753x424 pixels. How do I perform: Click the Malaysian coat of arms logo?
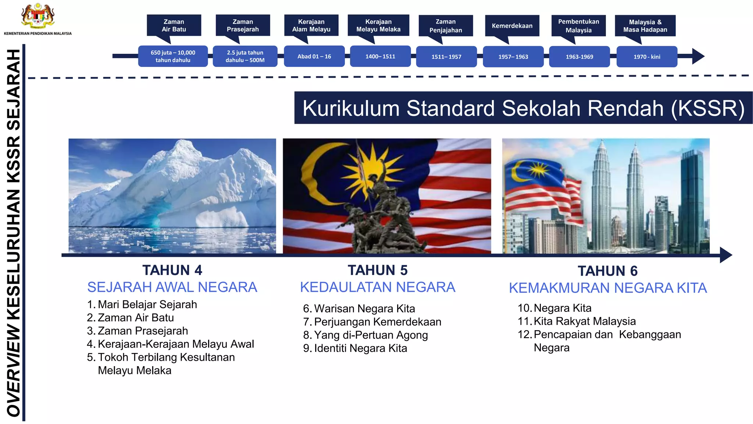[38, 16]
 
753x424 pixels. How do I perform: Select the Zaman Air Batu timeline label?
[174, 25]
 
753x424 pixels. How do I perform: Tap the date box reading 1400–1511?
[380, 56]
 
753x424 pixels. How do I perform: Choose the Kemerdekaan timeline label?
[512, 26]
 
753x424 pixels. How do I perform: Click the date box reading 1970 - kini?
[647, 57]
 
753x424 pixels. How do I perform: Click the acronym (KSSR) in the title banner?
[708, 108]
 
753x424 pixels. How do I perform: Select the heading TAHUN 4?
[172, 270]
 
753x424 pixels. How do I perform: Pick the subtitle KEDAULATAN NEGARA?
[378, 287]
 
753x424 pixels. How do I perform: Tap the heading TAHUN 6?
[607, 271]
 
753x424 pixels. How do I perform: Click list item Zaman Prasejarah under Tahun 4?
[143, 331]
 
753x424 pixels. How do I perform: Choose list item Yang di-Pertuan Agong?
[371, 335]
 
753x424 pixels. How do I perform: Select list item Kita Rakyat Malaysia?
[584, 321]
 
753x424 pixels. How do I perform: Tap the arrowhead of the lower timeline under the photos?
[725, 255]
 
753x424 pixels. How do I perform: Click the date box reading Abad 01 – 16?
[314, 56]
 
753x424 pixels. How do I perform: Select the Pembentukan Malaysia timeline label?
[578, 26]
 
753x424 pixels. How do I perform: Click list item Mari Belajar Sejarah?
[147, 304]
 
